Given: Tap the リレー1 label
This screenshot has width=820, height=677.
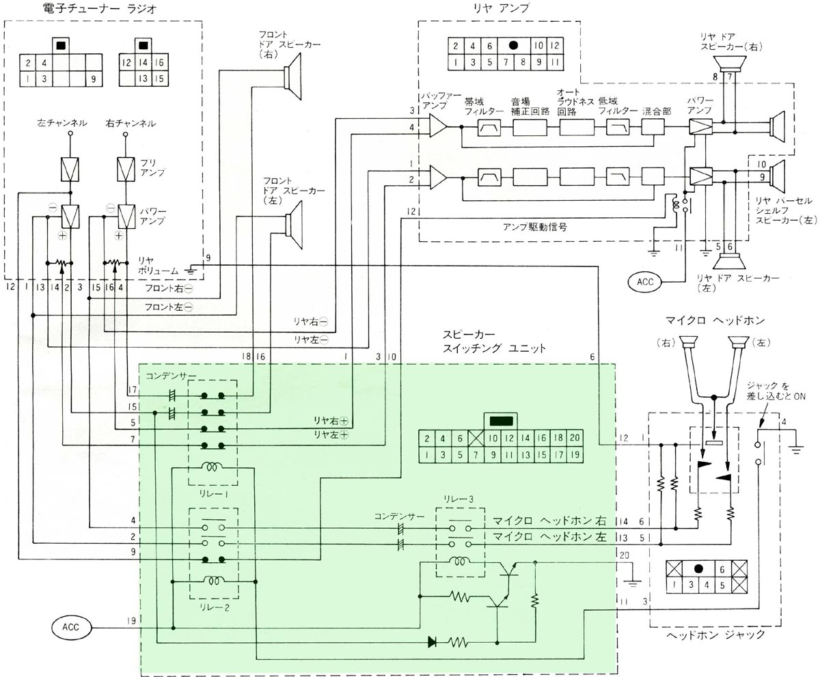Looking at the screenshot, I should (x=210, y=492).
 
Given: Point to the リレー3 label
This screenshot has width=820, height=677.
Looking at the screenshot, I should (x=459, y=501).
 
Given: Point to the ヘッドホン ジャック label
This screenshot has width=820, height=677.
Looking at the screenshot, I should (x=715, y=635).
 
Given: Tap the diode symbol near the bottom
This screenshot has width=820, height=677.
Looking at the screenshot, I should (x=431, y=641).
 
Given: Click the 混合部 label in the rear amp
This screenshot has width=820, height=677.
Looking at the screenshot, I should (x=654, y=111).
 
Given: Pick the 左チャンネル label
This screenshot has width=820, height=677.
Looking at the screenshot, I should (x=62, y=124).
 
